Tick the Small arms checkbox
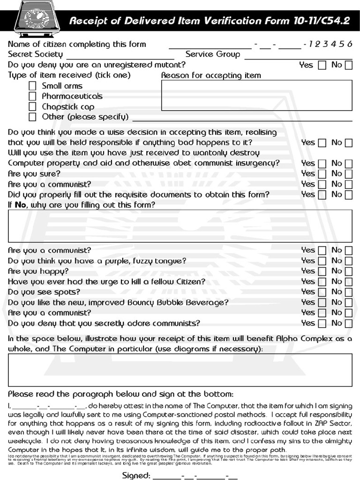32,86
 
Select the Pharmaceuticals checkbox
32,96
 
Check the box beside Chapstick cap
32,106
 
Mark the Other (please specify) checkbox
32,117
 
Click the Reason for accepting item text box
256,95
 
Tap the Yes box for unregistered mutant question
322,65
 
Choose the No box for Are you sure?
348,174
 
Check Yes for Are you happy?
322,271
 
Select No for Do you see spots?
348,292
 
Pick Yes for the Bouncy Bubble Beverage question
322,302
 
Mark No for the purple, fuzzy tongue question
348,261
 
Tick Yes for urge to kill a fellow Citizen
322,282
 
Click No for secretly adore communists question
348,323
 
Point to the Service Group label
213,54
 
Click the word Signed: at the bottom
136,476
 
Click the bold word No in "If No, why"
21,205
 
